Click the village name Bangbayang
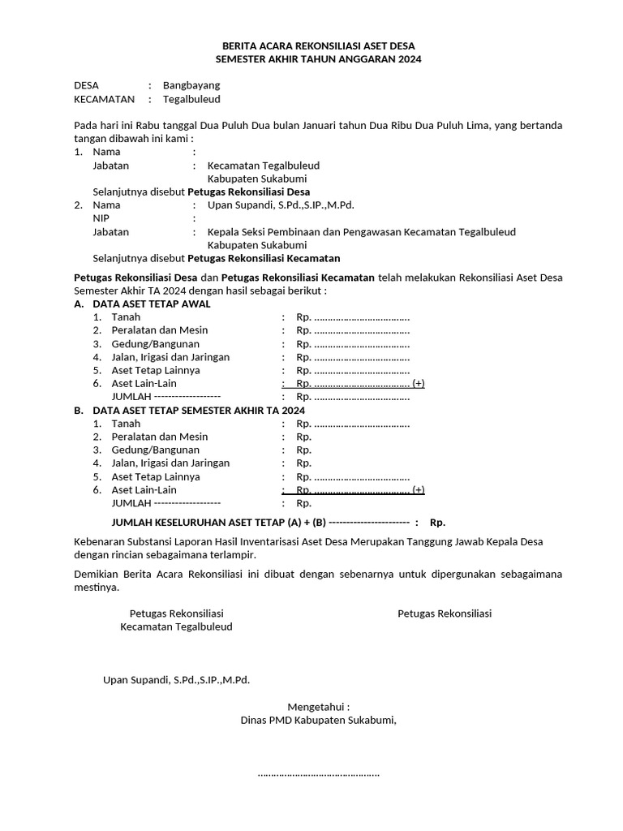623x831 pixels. click(191, 85)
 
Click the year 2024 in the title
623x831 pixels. click(408, 59)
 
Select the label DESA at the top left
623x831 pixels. click(86, 85)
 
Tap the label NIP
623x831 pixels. click(101, 218)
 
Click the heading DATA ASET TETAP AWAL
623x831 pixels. click(152, 304)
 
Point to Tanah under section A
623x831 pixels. click(126, 317)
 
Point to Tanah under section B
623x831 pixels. click(126, 424)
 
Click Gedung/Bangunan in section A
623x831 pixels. click(155, 344)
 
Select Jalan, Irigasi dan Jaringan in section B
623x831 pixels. click(170, 463)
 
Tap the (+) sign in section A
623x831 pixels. click(419, 384)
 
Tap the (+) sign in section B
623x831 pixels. click(419, 490)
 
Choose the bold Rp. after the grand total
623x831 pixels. click(437, 523)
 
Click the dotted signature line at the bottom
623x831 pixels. click(318, 773)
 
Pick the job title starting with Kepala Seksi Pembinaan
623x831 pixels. click(361, 232)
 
